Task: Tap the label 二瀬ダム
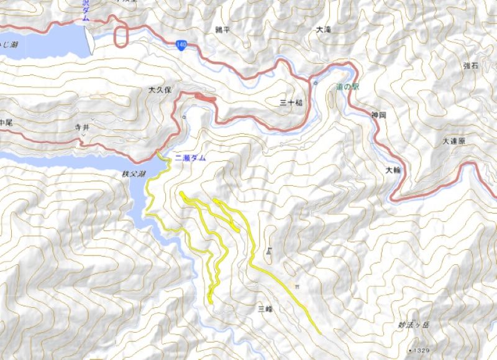(x=190, y=159)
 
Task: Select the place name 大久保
(x=160, y=90)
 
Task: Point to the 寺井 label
(x=83, y=126)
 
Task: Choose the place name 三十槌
(x=291, y=102)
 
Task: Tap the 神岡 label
(x=379, y=115)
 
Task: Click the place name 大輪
(x=393, y=170)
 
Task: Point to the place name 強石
(x=471, y=66)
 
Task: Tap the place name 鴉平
(x=222, y=29)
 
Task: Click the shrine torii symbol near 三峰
(x=297, y=286)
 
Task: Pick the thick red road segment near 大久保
(x=205, y=96)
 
